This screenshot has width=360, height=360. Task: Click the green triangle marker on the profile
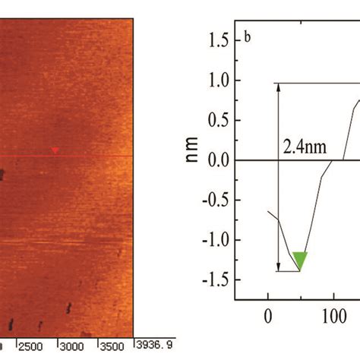(x=301, y=261)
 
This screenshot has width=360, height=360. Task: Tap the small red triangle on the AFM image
(x=55, y=151)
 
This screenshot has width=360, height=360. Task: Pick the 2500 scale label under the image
(x=33, y=346)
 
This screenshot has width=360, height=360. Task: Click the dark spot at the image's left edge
(x=2, y=176)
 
